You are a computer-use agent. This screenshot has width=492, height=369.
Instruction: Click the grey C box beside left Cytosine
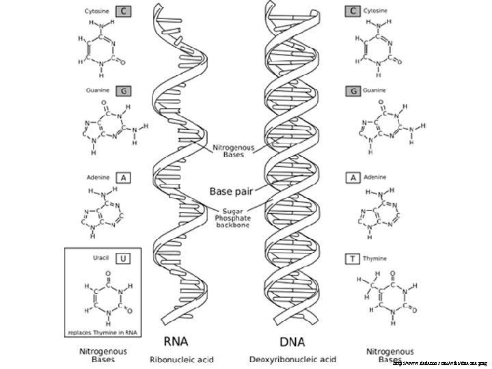124,11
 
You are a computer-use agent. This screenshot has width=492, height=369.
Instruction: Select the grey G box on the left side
124,91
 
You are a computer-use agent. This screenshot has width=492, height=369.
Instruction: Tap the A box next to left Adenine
124,177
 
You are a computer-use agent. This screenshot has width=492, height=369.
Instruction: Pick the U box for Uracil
124,258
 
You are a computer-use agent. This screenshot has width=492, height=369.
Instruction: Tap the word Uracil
101,258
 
